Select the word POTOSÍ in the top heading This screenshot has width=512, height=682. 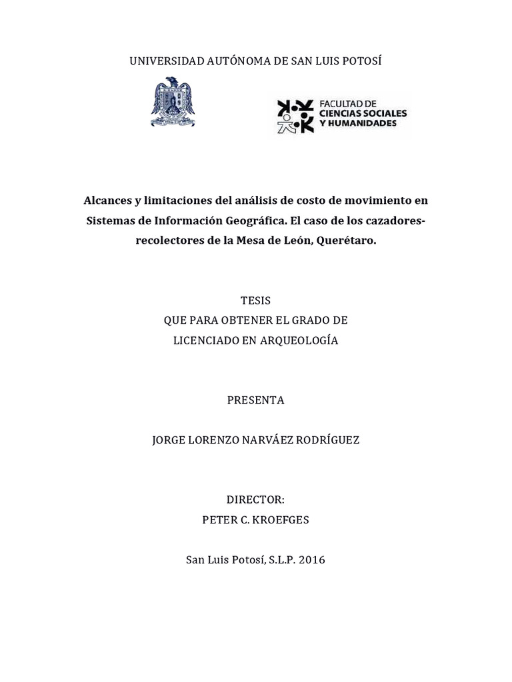(x=362, y=61)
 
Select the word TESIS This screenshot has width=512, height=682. (x=256, y=300)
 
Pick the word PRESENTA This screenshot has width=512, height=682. (x=256, y=400)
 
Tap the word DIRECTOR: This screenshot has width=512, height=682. (x=256, y=500)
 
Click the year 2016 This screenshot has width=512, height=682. (x=312, y=560)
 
